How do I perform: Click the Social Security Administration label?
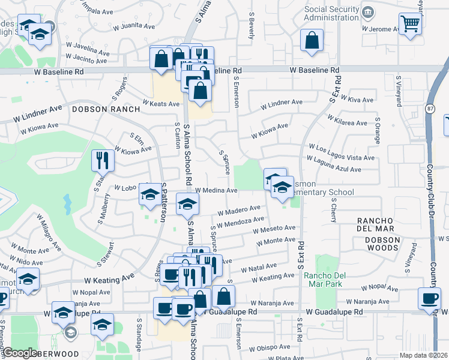(336, 13)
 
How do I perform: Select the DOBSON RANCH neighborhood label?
(106, 109)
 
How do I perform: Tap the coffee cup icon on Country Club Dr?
(429, 299)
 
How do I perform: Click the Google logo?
(20, 353)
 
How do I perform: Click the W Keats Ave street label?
(161, 104)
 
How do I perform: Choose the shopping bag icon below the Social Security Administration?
(313, 41)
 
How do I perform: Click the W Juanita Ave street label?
(133, 26)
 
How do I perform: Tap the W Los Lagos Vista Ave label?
(341, 147)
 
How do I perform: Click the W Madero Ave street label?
(238, 211)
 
